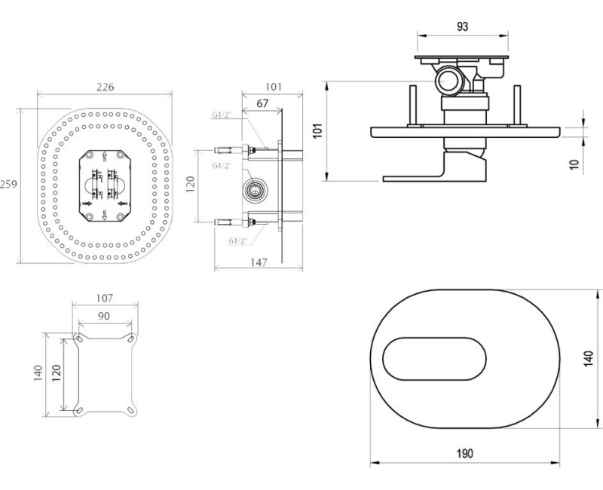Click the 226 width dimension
(x=105, y=87)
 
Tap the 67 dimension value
(x=262, y=103)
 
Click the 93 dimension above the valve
(x=463, y=26)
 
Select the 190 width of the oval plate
(x=465, y=453)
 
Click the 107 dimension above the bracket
(x=105, y=297)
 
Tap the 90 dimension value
(x=105, y=314)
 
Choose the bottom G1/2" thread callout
(x=237, y=240)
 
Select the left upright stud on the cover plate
(x=412, y=106)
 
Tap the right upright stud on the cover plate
(x=518, y=106)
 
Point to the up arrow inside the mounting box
(x=103, y=158)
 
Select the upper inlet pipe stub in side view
(x=230, y=148)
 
